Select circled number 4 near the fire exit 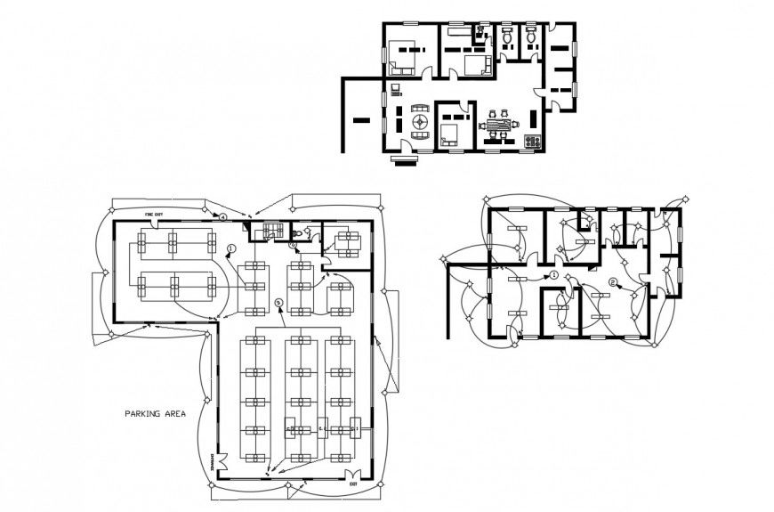click(223, 216)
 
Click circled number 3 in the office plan click(278, 303)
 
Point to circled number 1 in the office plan click(230, 248)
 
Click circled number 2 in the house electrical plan click(613, 282)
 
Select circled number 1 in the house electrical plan click(554, 277)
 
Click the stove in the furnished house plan click(534, 141)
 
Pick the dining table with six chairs click(499, 125)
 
